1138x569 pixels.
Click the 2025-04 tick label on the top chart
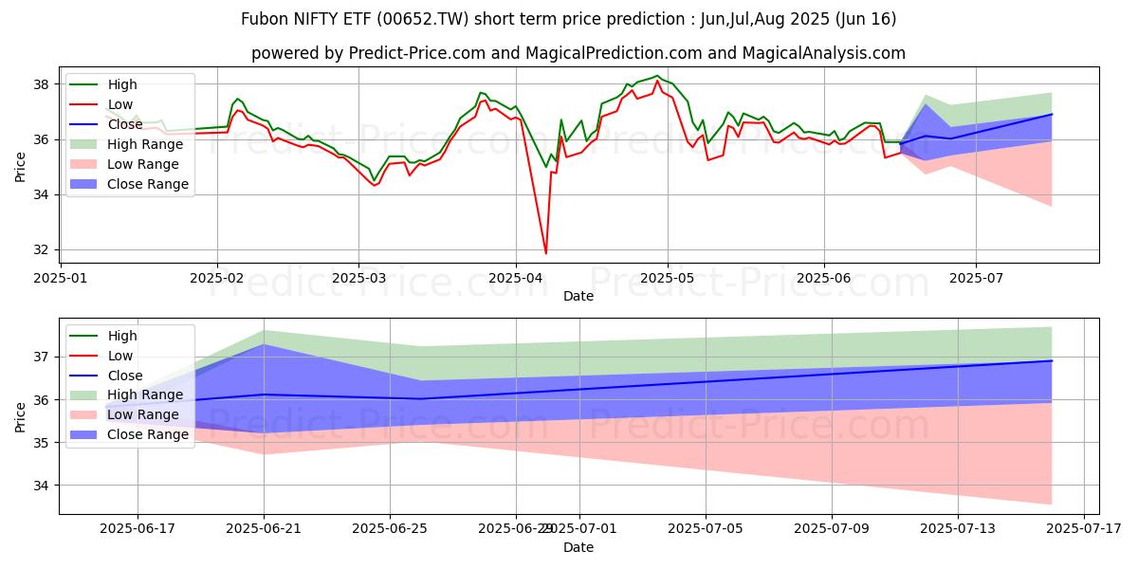click(515, 278)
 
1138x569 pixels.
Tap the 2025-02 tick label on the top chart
click(217, 278)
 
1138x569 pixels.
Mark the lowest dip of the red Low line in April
click(545, 253)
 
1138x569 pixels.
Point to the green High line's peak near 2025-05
click(656, 76)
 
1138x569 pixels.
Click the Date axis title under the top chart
click(578, 296)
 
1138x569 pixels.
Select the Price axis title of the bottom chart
click(21, 416)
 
